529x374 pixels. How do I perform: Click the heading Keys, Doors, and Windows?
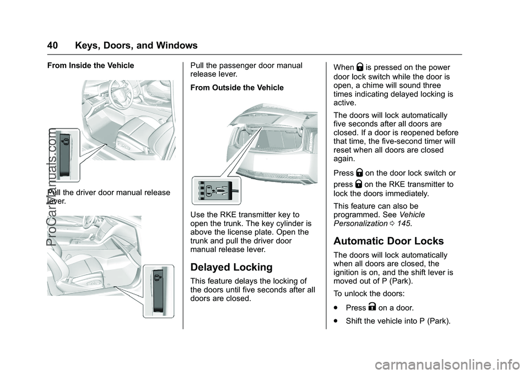coord(136,46)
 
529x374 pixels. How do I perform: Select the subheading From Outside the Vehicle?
coord(236,88)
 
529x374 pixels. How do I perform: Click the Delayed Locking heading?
coord(231,268)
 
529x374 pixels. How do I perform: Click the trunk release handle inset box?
coord(216,190)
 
